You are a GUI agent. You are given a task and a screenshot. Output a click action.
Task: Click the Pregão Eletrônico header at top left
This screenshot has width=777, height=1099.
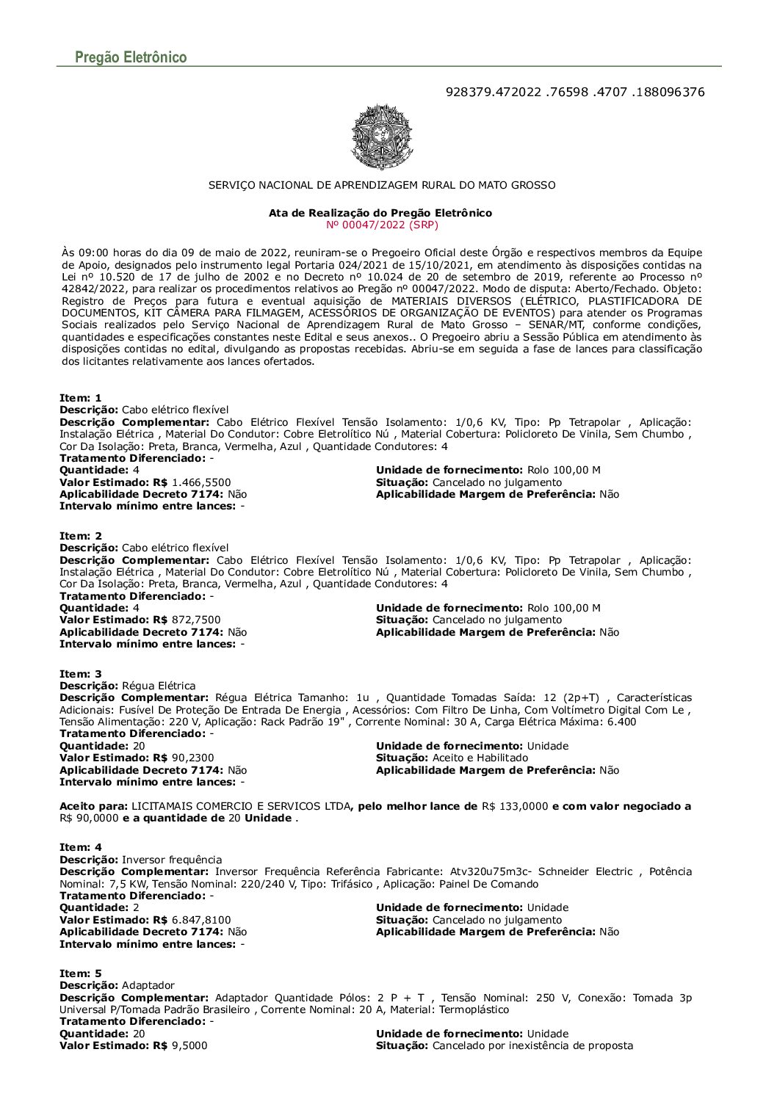[131, 57]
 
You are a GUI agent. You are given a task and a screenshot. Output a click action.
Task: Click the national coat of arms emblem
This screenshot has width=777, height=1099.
[382, 137]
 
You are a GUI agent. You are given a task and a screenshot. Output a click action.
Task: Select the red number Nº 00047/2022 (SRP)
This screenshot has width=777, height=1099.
[381, 225]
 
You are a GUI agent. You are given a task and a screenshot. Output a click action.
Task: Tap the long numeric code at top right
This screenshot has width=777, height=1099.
[575, 93]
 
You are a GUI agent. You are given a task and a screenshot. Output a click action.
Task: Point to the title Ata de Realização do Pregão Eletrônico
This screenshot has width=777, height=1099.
[380, 213]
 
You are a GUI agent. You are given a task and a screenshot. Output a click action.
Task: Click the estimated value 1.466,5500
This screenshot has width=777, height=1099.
[201, 482]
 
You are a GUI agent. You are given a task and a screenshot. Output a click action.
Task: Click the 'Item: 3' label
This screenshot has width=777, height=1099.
[81, 674]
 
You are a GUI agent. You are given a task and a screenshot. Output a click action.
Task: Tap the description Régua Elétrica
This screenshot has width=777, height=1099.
[159, 686]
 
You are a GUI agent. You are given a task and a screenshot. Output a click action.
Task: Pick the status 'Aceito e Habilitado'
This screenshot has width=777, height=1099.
[480, 758]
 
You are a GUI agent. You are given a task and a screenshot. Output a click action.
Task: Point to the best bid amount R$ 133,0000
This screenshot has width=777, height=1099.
[515, 806]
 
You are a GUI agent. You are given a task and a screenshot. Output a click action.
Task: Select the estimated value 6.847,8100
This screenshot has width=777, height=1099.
[201, 920]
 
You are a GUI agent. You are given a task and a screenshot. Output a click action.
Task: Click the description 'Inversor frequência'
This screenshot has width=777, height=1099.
[172, 860]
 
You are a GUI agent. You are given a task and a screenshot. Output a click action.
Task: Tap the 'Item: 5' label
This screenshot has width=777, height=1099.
[81, 973]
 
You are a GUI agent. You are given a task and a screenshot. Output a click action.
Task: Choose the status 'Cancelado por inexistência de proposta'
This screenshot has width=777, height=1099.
[532, 1045]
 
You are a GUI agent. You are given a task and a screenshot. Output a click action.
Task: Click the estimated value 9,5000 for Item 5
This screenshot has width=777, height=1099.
[189, 1045]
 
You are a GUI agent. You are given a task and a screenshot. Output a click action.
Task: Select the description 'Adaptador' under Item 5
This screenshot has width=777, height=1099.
[148, 985]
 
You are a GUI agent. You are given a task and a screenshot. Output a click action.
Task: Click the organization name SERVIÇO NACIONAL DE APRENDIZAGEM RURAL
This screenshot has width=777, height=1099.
[382, 185]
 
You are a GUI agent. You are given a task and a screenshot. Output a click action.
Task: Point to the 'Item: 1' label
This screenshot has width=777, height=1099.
[81, 398]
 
